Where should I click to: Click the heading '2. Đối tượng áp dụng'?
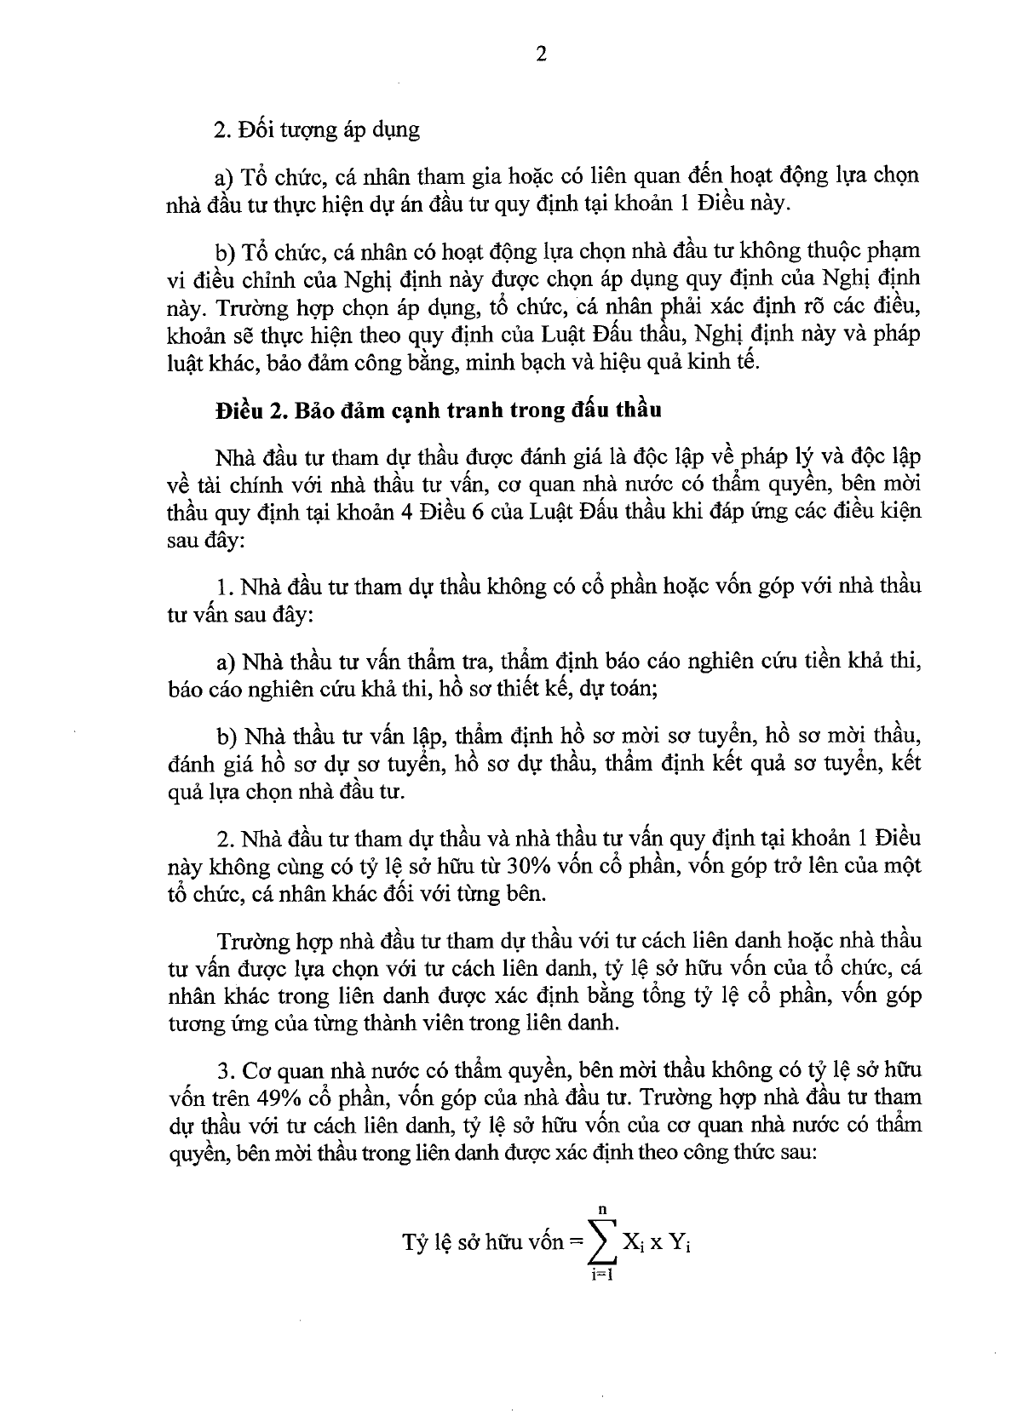[x=318, y=130]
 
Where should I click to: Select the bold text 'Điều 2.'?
[x=249, y=410]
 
